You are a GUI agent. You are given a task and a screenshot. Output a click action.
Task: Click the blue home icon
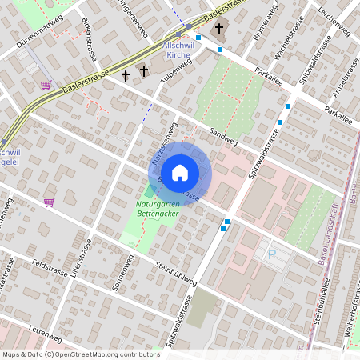pos(180,172)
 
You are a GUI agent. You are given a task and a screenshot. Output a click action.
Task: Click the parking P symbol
pos(271,254)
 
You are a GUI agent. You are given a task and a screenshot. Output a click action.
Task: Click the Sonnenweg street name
pos(123,273)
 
